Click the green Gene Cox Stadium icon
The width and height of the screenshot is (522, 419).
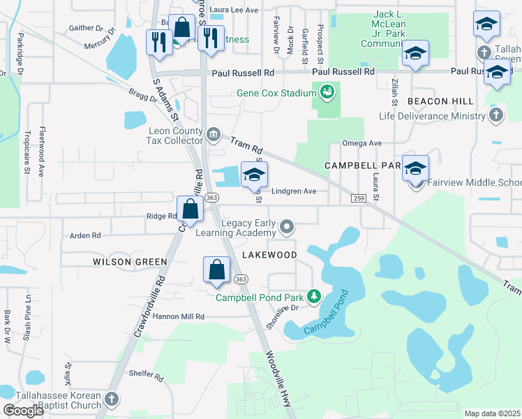pos(326,91)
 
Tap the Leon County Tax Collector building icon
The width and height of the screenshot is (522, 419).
pos(213,133)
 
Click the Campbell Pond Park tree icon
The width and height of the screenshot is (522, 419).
pos(314,297)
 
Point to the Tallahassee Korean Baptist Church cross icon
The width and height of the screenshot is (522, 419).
pos(111,400)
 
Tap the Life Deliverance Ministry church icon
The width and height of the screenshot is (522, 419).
pos(495,115)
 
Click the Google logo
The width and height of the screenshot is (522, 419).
pos(23,411)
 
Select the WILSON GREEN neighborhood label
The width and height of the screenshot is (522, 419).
pos(130,262)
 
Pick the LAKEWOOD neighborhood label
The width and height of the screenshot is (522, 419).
pos(271,255)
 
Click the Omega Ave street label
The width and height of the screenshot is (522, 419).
pos(361,143)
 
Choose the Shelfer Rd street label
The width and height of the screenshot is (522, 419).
pos(146,374)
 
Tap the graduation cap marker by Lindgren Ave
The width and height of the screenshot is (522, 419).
pos(254,175)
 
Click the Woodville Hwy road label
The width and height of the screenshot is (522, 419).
pos(277,372)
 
